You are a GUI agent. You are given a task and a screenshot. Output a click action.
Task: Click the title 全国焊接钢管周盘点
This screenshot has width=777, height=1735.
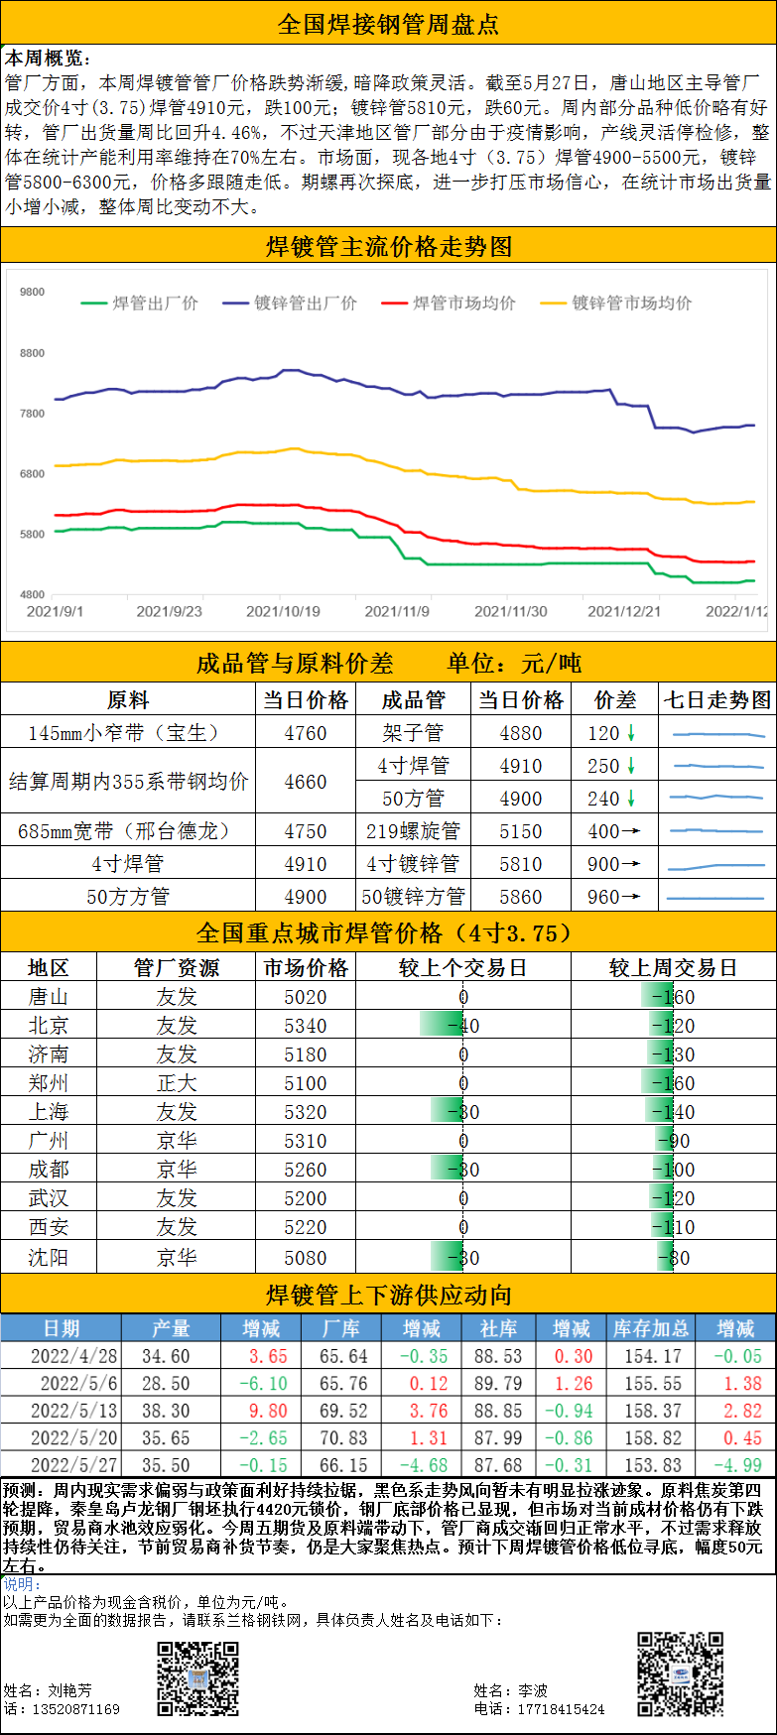(388, 24)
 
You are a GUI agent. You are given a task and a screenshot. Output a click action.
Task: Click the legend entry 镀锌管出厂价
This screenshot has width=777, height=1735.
(305, 303)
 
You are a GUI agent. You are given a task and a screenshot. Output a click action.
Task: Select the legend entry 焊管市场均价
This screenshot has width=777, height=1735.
(463, 303)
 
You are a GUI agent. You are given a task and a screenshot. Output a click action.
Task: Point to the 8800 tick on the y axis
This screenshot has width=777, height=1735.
(32, 353)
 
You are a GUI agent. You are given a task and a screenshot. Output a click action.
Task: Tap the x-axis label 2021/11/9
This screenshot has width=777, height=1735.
(397, 611)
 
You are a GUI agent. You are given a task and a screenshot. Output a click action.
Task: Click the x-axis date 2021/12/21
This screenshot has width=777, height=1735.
(623, 611)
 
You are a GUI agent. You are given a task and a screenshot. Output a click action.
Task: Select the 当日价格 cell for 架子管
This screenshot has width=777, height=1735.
(520, 733)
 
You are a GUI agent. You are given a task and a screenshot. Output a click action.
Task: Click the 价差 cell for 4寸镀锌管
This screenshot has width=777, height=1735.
(614, 864)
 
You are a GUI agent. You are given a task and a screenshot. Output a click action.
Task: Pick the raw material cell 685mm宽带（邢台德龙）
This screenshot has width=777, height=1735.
(127, 831)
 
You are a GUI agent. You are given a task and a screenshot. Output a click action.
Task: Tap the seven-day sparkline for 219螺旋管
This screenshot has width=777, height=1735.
(716, 831)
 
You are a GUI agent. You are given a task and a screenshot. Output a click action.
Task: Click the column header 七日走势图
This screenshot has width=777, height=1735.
(716, 699)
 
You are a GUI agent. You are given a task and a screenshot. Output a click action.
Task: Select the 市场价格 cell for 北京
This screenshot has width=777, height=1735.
(305, 1026)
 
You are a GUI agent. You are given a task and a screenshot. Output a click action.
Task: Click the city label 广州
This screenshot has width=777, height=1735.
(48, 1141)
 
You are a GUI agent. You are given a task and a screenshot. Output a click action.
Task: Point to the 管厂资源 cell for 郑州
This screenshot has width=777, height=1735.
(177, 1083)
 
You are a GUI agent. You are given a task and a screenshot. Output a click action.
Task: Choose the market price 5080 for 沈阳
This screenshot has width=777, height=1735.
(305, 1258)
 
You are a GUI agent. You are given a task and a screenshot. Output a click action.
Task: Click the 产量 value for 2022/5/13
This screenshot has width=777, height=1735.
(166, 1411)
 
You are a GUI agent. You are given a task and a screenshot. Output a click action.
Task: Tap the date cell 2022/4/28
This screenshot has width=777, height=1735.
(73, 1356)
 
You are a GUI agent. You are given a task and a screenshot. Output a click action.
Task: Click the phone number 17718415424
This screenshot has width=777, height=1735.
(560, 1709)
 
